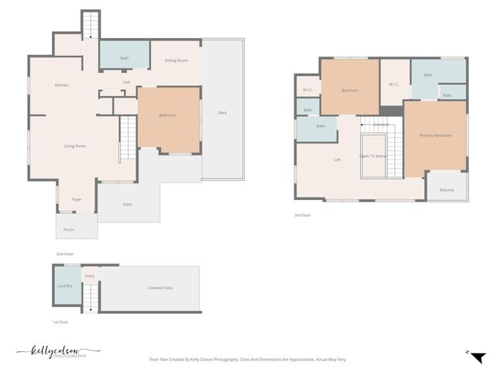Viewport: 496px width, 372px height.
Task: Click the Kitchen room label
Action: pyautogui.click(x=62, y=84)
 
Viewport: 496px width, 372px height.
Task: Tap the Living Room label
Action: pyautogui.click(x=74, y=146)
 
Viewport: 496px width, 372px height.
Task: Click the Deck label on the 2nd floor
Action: pyautogui.click(x=222, y=113)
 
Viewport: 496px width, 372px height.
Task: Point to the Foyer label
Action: pyautogui.click(x=77, y=199)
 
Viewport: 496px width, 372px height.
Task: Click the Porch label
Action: pyautogui.click(x=68, y=229)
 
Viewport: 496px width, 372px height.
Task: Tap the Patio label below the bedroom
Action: pyautogui.click(x=128, y=205)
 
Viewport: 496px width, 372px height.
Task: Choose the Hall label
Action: pyautogui.click(x=126, y=82)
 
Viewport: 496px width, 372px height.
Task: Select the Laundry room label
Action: pyautogui.click(x=65, y=286)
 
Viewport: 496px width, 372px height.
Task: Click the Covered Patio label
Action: pyautogui.click(x=160, y=288)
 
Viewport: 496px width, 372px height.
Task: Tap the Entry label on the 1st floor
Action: pyautogui.click(x=90, y=276)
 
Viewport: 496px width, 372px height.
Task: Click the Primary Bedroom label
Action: pyautogui.click(x=436, y=136)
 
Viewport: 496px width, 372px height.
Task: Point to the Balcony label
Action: pyautogui.click(x=447, y=190)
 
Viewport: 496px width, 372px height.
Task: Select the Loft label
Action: pyautogui.click(x=337, y=160)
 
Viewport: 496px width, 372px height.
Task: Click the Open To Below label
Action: pyautogui.click(x=374, y=155)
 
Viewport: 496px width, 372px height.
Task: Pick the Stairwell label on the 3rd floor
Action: pyautogui.click(x=381, y=124)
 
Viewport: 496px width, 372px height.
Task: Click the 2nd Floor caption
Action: pyautogui.click(x=64, y=253)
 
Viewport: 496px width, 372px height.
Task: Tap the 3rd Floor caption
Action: pyautogui.click(x=303, y=215)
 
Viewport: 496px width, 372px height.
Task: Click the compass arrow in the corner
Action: pyautogui.click(x=478, y=356)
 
